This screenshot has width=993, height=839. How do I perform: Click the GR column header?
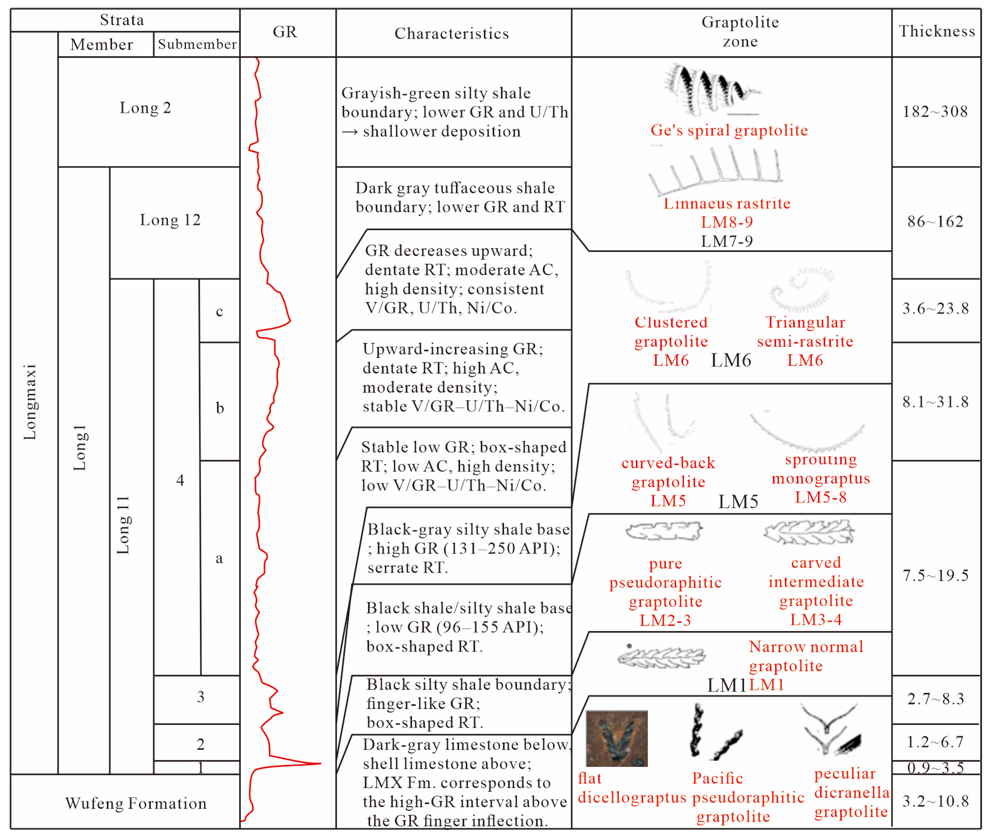click(x=285, y=32)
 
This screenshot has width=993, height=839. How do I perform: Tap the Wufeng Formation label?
click(x=136, y=803)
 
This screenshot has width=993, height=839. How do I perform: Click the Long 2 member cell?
click(x=145, y=108)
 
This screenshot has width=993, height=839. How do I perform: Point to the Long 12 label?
click(x=170, y=220)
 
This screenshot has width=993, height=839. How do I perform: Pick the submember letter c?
click(x=219, y=311)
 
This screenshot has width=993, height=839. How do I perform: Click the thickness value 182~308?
click(x=935, y=112)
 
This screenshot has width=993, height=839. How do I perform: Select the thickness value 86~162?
click(x=935, y=222)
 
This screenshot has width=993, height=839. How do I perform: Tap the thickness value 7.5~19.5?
click(x=935, y=576)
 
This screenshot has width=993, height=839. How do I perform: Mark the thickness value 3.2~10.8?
click(x=935, y=801)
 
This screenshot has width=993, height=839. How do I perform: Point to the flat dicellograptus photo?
click(x=617, y=739)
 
